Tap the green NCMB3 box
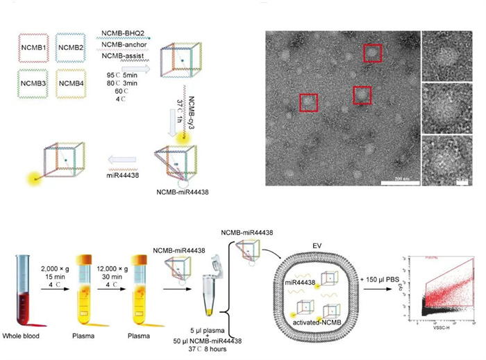click(x=34, y=84)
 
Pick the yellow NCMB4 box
click(x=72, y=84)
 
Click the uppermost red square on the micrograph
click(x=373, y=53)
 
